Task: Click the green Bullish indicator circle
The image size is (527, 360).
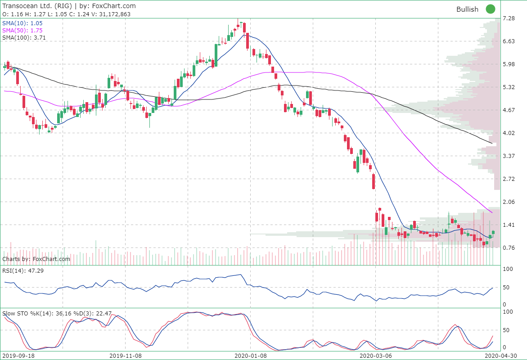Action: point(490,9)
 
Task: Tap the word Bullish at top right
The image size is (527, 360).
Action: point(467,9)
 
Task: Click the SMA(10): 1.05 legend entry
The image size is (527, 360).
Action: point(23,23)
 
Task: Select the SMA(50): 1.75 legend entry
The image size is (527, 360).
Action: point(23,30)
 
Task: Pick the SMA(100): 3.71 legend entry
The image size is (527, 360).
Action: point(24,38)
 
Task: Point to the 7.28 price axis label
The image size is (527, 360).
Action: point(509,18)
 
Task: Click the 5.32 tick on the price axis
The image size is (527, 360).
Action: point(509,87)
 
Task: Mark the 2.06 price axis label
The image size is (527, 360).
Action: point(509,202)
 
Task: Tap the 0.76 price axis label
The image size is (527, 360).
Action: point(509,248)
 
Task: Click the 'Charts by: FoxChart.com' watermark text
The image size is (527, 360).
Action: point(36,259)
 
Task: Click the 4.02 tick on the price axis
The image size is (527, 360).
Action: point(509,133)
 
